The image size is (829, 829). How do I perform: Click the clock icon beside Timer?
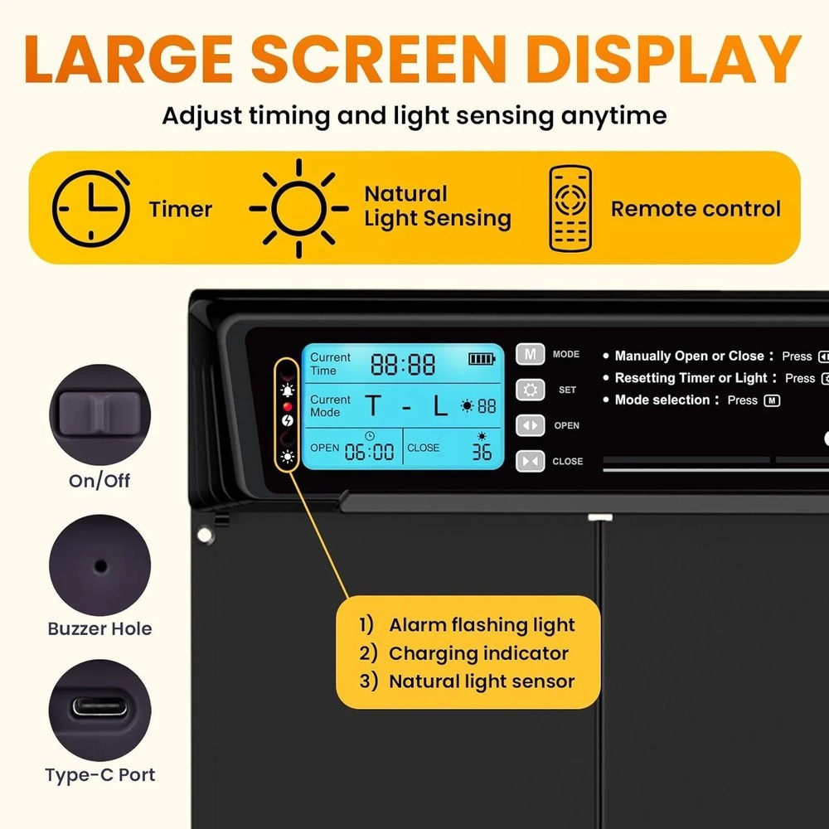[91, 208]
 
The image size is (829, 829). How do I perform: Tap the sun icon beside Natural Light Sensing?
[298, 208]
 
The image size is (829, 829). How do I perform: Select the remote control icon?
[570, 208]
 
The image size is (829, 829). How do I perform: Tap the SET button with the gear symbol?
[531, 390]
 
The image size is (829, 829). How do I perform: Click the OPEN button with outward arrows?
[531, 425]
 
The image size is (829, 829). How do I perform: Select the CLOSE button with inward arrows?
[531, 461]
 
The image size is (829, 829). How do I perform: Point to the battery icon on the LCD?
[481, 358]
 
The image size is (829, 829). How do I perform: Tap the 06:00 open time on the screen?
[370, 452]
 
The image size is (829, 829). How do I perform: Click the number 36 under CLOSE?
[482, 452]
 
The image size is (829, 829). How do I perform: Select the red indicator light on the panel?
[288, 407]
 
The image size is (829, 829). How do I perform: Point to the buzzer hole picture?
[99, 565]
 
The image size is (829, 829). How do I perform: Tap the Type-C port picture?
[99, 710]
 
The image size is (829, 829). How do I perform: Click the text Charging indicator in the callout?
[478, 653]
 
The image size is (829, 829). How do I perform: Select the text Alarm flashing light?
[482, 625]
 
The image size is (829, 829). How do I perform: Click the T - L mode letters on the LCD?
[406, 406]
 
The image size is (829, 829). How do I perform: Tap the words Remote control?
[696, 209]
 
